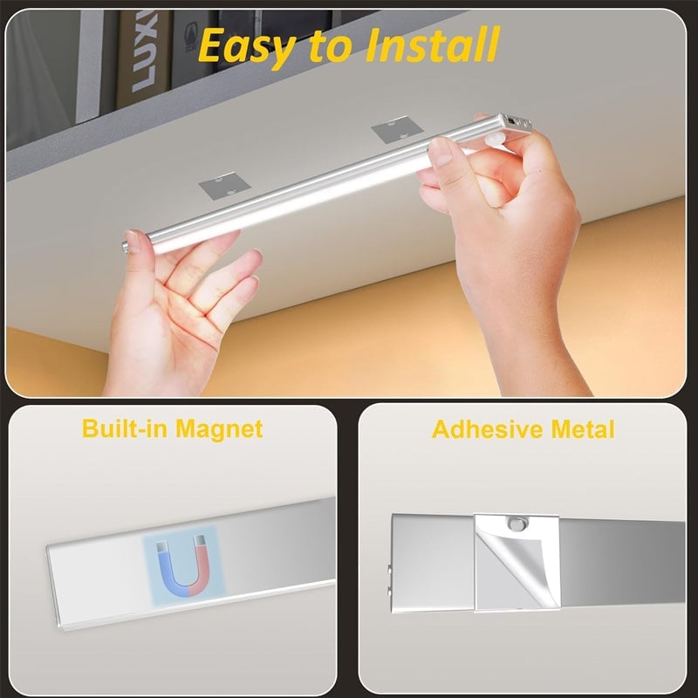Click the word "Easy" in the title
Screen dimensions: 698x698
pyautogui.click(x=248, y=47)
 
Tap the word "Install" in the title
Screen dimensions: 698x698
pyautogui.click(x=433, y=44)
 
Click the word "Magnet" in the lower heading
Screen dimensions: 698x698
pyautogui.click(x=219, y=429)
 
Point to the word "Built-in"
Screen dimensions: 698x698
pyautogui.click(x=125, y=428)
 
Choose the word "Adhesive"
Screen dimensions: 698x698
pyautogui.click(x=488, y=429)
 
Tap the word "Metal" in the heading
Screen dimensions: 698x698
pyautogui.click(x=583, y=429)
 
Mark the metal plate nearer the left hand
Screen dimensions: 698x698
pyautogui.click(x=224, y=185)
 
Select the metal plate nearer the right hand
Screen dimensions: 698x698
pyautogui.click(x=397, y=129)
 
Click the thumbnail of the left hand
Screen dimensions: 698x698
pyautogui.click(x=132, y=236)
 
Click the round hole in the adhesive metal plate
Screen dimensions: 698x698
pyautogui.click(x=517, y=524)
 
